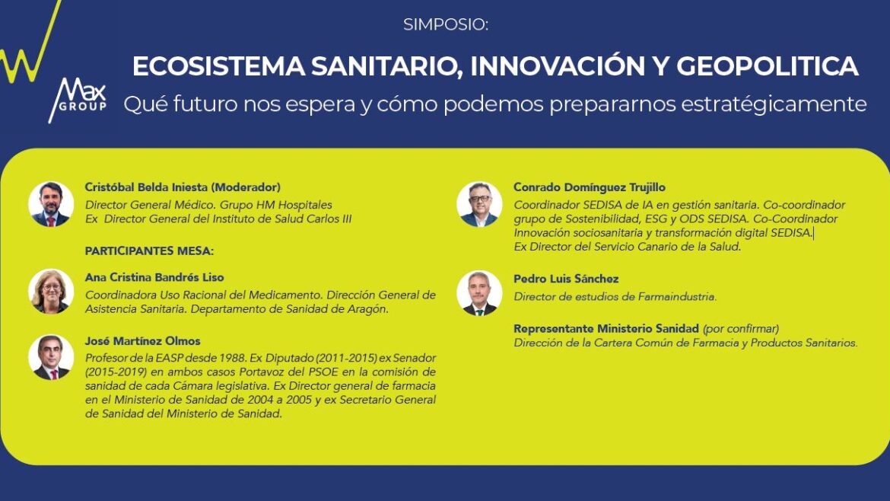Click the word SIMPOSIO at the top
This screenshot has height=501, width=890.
[x=446, y=24]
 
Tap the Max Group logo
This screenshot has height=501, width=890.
[x=78, y=100]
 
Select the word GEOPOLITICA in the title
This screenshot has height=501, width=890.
[x=767, y=66]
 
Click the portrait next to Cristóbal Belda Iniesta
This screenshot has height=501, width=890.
[x=51, y=205]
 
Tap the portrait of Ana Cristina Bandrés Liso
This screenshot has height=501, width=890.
[x=51, y=292]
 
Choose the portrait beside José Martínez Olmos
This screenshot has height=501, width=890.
[x=51, y=357]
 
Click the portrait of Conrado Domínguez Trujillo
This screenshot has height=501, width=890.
[x=480, y=205]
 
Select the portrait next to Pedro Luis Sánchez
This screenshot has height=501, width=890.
[x=480, y=293]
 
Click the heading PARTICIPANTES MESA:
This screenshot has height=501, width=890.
[x=149, y=251]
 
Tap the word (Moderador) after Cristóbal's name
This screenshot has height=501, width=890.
[x=246, y=187]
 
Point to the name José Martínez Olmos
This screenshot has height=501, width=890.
[x=142, y=341]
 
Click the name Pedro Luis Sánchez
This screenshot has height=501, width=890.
[x=566, y=279]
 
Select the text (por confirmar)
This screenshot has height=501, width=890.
[x=741, y=329]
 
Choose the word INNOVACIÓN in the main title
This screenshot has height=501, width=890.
[x=558, y=66]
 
